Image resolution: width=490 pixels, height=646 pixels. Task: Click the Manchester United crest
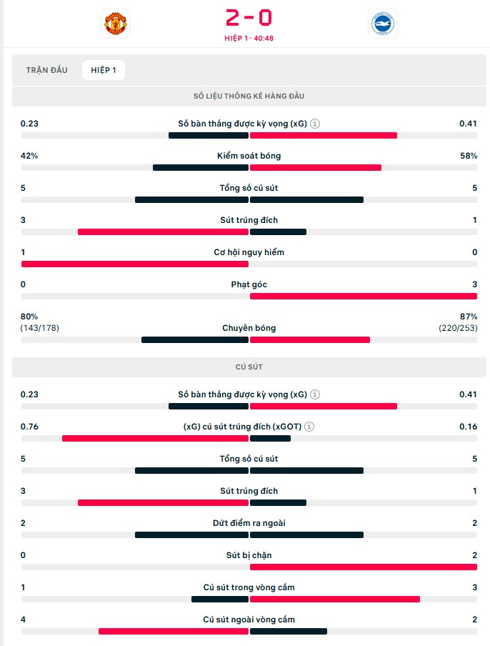click(115, 23)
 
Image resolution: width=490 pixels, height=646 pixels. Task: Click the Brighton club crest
click(382, 23)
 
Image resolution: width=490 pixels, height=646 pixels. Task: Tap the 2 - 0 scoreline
click(249, 17)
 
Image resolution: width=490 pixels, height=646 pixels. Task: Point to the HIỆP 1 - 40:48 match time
click(249, 39)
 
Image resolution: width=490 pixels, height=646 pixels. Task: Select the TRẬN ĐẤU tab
click(46, 70)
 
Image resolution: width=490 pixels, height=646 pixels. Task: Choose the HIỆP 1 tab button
click(104, 70)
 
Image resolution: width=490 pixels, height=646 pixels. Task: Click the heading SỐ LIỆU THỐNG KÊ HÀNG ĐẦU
click(249, 96)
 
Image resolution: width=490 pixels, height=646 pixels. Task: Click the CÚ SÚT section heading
click(249, 367)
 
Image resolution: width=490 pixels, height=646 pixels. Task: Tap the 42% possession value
click(29, 156)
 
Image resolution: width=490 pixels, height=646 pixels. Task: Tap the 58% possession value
click(469, 156)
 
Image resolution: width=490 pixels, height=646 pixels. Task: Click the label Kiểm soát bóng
click(249, 156)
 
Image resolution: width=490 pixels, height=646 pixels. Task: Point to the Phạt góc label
click(249, 284)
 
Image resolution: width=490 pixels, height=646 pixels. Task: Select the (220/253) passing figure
click(458, 328)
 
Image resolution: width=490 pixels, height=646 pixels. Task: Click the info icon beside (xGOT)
click(309, 427)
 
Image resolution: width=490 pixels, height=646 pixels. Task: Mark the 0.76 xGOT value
click(29, 427)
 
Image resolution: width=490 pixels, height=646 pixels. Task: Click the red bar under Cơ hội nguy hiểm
click(134, 264)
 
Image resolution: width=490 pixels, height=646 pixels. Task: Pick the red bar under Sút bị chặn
click(363, 567)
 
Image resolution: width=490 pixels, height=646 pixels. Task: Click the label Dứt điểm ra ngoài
click(249, 523)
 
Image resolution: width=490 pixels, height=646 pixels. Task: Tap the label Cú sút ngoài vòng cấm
click(249, 620)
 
